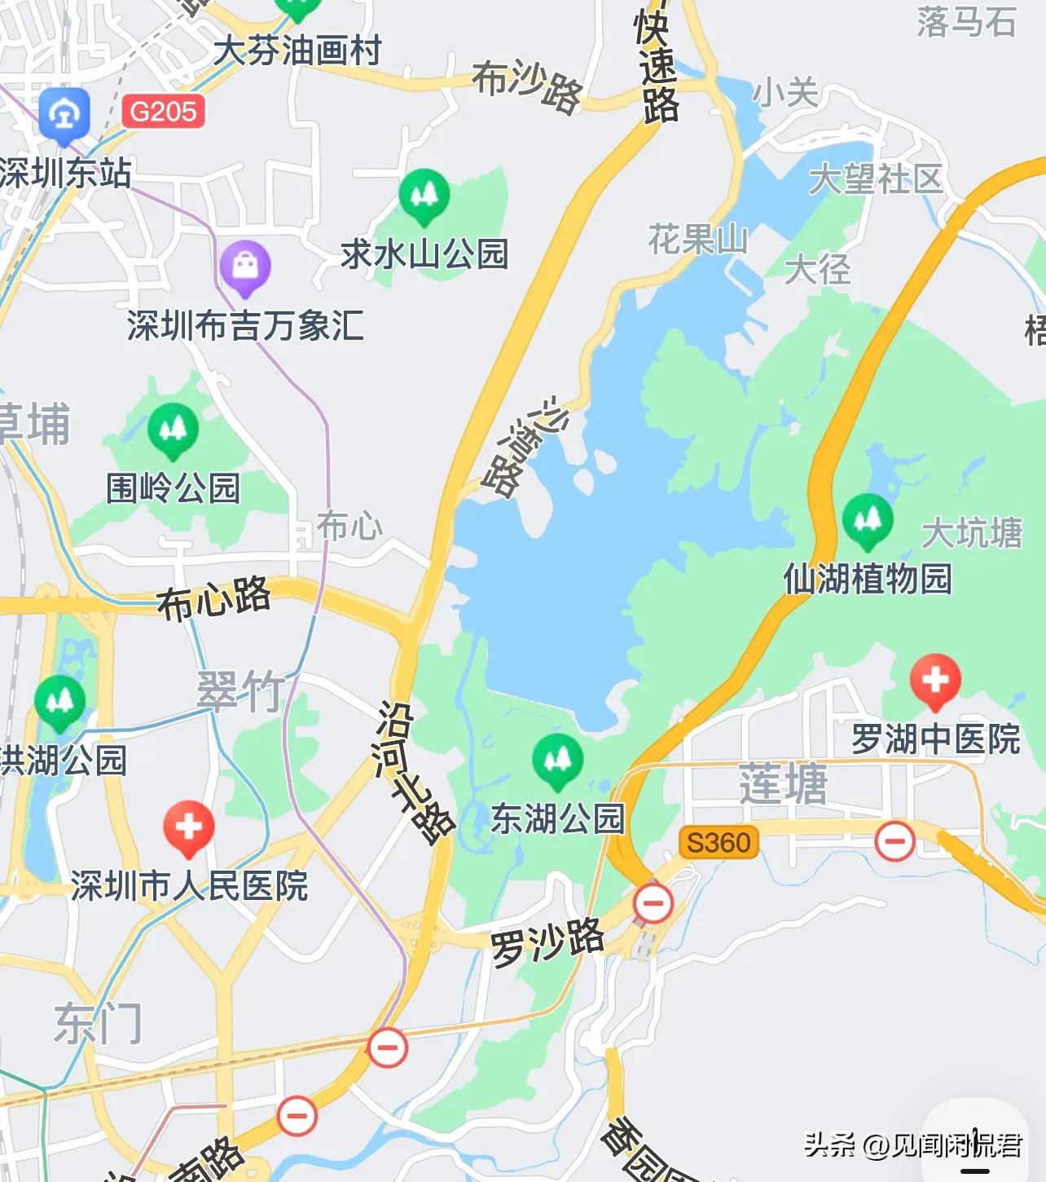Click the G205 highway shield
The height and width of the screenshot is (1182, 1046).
(x=163, y=111)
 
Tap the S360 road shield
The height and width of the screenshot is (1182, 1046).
(x=719, y=842)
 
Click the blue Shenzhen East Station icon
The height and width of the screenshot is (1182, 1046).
(x=64, y=115)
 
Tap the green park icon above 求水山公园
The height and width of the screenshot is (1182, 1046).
(x=424, y=195)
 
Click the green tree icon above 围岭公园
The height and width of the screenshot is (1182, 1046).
(x=173, y=429)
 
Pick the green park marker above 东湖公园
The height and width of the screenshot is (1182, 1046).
(x=557, y=760)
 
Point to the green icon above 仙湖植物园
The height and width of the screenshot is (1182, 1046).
(x=868, y=520)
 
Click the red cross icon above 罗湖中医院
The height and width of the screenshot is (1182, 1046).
(x=935, y=680)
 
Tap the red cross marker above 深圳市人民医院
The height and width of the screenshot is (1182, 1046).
(x=188, y=827)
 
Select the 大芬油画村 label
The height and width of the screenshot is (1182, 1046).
(x=297, y=51)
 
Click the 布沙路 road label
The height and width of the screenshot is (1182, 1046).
(x=528, y=86)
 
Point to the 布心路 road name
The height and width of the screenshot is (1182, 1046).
(x=214, y=598)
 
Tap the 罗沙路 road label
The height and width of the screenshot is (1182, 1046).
(x=547, y=942)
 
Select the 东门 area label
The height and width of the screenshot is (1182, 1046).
(x=98, y=1023)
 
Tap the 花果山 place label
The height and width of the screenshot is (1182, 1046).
(x=698, y=240)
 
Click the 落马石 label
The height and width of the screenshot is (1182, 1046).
(x=967, y=22)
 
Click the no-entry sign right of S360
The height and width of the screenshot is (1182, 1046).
(x=894, y=840)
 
